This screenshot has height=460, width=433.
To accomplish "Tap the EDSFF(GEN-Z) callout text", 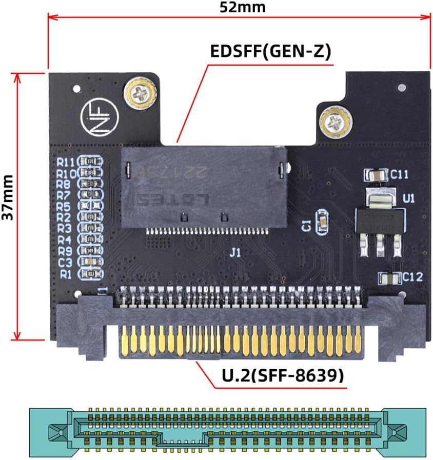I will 270,52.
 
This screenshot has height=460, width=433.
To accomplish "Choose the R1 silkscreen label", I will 66,274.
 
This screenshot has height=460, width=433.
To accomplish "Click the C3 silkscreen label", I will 65,263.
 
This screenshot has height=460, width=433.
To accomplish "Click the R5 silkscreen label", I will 64,207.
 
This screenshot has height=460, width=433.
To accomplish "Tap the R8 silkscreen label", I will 64,184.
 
